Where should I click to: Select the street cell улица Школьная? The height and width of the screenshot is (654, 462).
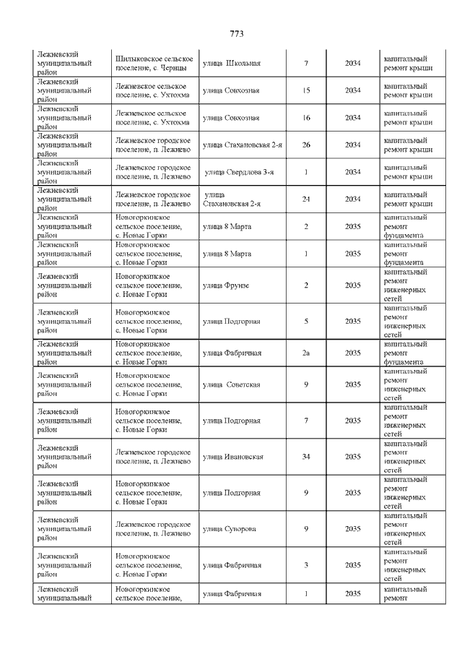click(x=231, y=64)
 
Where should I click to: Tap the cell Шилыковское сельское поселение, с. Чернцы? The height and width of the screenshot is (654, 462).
click(x=154, y=64)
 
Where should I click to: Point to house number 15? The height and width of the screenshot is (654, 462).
click(x=306, y=90)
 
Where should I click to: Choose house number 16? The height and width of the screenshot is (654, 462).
click(x=306, y=118)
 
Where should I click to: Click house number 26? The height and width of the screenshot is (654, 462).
click(x=306, y=145)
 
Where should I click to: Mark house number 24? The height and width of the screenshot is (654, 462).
click(x=306, y=199)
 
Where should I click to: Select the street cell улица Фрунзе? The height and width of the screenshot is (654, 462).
click(x=225, y=285)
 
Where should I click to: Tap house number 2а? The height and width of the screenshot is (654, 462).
click(x=306, y=353)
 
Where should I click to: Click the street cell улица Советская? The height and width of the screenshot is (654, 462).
click(x=231, y=384)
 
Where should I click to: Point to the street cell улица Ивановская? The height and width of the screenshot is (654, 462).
click(x=232, y=457)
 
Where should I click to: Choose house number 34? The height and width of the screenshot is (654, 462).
click(x=306, y=457)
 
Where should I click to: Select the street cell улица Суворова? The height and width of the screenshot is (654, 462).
click(x=229, y=529)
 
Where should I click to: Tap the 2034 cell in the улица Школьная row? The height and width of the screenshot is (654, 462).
click(x=352, y=64)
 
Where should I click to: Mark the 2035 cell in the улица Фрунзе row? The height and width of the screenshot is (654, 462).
click(x=352, y=285)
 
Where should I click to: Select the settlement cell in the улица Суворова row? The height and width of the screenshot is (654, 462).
click(x=154, y=529)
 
